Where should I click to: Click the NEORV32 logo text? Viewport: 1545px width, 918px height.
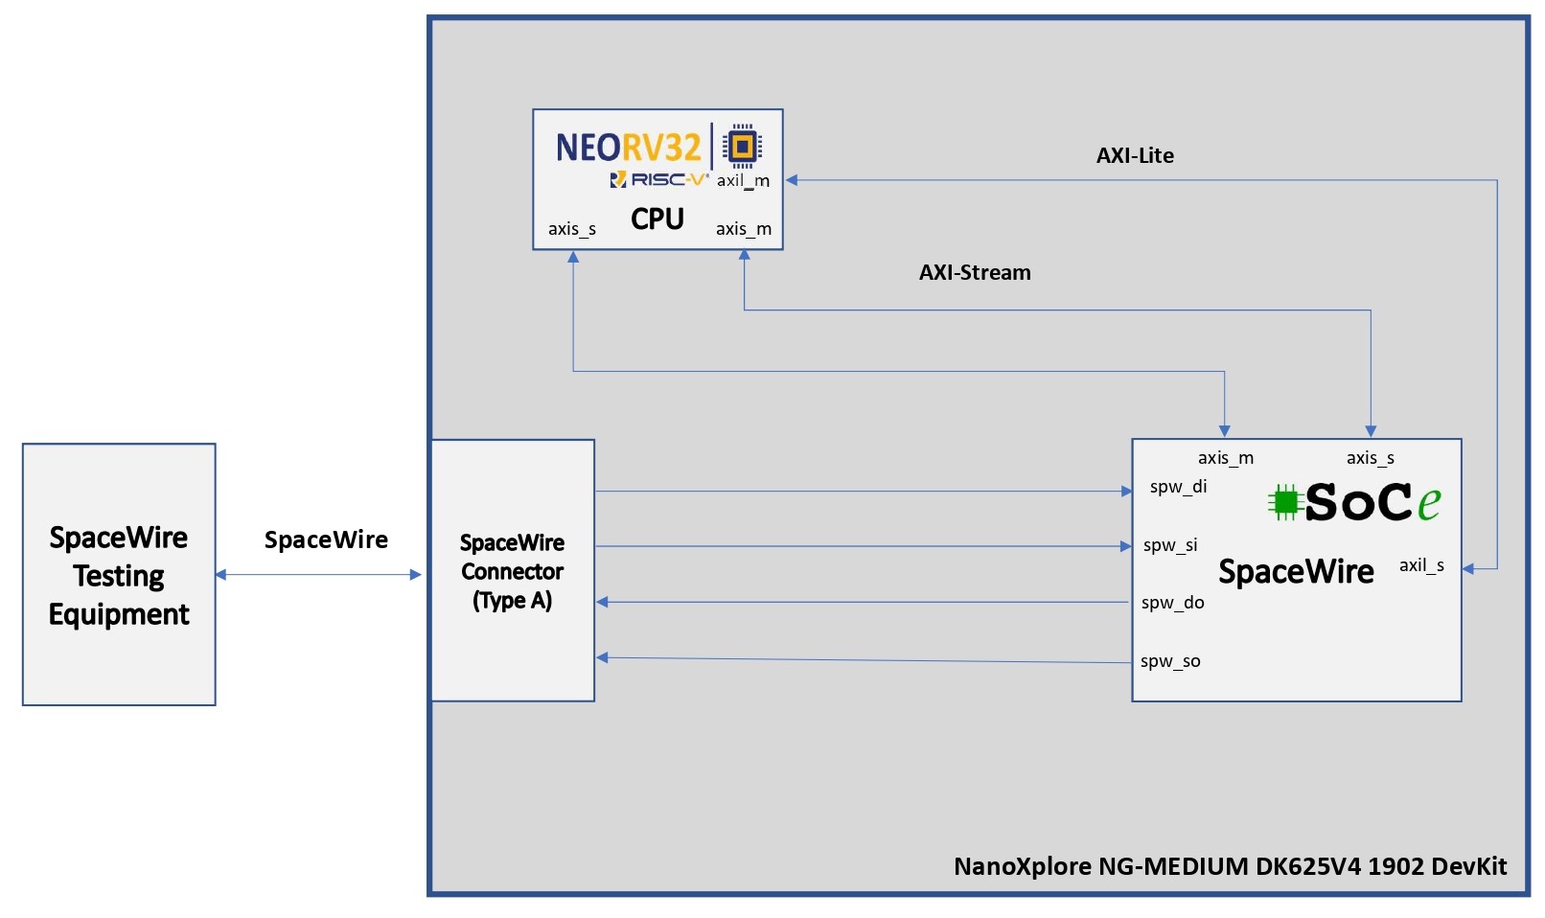coord(629,148)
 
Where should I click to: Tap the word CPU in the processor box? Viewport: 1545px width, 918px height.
coord(657,219)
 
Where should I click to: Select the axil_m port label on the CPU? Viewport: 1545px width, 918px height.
coord(743,181)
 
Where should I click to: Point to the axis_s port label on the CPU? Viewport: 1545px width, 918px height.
coord(572,229)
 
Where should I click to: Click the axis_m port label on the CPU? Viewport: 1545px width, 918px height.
coord(743,229)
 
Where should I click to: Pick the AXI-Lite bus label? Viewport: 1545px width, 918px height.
coord(1135,156)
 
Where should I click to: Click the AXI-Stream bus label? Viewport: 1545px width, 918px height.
coord(975,273)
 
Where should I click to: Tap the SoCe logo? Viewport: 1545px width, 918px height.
coord(1354,501)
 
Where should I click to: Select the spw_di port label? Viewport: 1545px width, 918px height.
coord(1178,487)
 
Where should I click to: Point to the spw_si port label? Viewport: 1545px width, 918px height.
coord(1170,545)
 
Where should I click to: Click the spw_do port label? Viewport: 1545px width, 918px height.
coord(1172,603)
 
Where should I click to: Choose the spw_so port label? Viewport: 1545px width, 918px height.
coord(1170,661)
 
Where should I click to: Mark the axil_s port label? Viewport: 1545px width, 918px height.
coord(1421,565)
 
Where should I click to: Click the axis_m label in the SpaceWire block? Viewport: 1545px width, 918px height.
coord(1225,458)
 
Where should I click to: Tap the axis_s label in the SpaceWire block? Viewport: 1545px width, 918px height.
coord(1370,458)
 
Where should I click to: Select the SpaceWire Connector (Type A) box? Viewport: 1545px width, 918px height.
coord(513,571)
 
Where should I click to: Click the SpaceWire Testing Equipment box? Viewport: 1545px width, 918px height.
coord(119,575)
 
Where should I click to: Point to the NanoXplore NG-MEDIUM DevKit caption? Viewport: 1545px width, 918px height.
coord(1230,866)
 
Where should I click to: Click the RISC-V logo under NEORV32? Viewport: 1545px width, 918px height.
coord(659,179)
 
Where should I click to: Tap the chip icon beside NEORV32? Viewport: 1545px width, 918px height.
coord(742,146)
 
